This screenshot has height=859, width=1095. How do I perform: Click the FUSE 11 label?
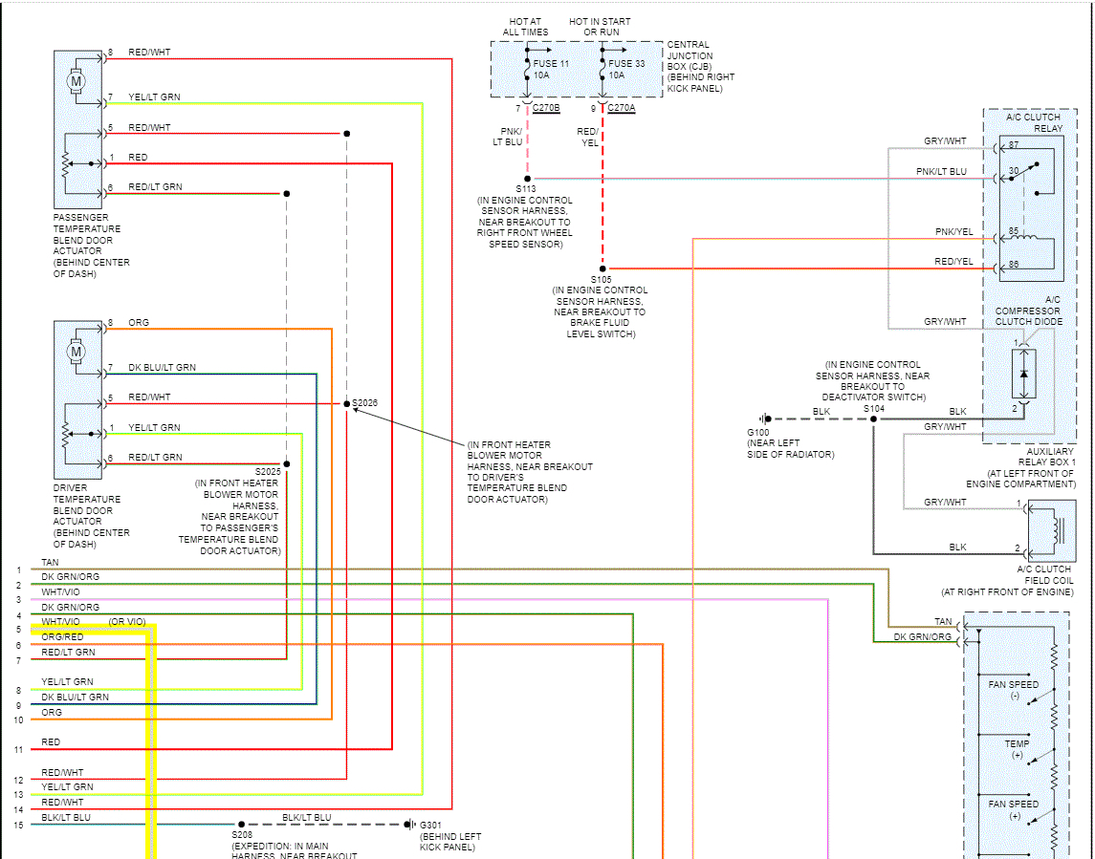pyautogui.click(x=552, y=63)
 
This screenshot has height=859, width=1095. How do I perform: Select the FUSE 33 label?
pyautogui.click(x=627, y=63)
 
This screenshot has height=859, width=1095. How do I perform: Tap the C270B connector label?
pyautogui.click(x=546, y=108)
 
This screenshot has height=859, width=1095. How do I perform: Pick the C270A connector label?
pyautogui.click(x=622, y=108)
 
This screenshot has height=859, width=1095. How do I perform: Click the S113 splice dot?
pyautogui.click(x=527, y=179)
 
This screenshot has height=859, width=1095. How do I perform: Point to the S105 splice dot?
pyautogui.click(x=602, y=268)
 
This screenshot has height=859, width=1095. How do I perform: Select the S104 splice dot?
pyautogui.click(x=873, y=419)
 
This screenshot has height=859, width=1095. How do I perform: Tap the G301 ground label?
pyautogui.click(x=430, y=825)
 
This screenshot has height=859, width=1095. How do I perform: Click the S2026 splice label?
pyautogui.click(x=365, y=402)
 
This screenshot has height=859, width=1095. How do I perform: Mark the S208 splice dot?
pyautogui.click(x=241, y=824)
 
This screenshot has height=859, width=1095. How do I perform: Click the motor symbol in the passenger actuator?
pyautogui.click(x=76, y=82)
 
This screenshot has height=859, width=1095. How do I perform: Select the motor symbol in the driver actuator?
pyautogui.click(x=76, y=353)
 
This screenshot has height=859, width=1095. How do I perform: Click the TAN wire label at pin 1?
pyautogui.click(x=50, y=563)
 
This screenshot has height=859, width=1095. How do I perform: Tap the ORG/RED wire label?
pyautogui.click(x=62, y=637)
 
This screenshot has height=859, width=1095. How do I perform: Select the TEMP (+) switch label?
pyautogui.click(x=1017, y=749)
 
